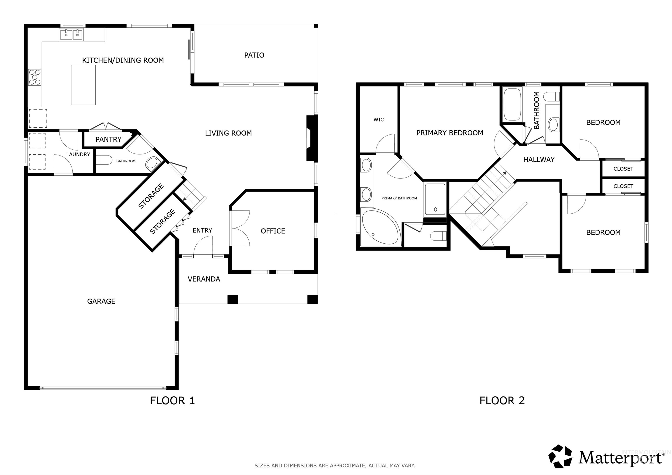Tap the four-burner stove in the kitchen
point(35,77)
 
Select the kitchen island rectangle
point(83,85)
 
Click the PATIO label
point(254,55)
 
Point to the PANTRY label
point(108,139)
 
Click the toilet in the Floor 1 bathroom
point(104,160)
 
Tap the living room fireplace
point(311,138)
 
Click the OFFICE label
point(273,231)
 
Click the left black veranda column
point(233,299)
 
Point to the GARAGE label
point(101,301)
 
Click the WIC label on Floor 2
point(378,119)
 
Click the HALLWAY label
point(539,159)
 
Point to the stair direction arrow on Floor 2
point(505,173)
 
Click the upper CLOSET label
point(623,169)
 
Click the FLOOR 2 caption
point(502,400)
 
